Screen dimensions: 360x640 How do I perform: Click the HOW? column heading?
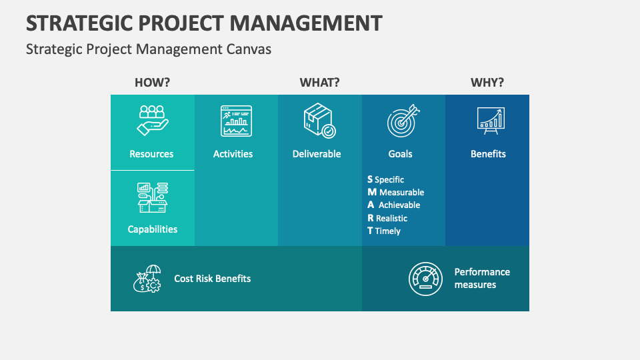pos(153,83)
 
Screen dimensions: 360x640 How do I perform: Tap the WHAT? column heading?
pos(320,83)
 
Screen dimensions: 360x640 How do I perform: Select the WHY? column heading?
pos(487,83)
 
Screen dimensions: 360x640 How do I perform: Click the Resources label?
pos(151,154)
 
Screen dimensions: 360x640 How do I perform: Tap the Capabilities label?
pos(153,229)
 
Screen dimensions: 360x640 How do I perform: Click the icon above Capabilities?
pos(153,197)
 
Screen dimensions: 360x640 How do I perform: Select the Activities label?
pos(233,154)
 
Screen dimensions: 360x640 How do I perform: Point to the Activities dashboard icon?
pos(236,121)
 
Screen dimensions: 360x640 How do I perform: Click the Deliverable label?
pos(317,154)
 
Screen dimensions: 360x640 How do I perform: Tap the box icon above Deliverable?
pos(319,121)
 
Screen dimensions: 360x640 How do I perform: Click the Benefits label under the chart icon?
pos(488,154)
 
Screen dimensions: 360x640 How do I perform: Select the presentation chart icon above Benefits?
pos(491,119)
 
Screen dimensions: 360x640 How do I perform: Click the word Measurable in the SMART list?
pos(401,193)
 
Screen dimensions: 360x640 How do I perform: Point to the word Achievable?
pos(399,205)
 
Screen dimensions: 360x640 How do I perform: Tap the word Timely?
pos(388,231)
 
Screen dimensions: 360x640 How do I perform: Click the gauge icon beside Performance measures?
pos(425,279)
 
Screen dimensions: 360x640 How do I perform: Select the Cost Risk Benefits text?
pos(213,279)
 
